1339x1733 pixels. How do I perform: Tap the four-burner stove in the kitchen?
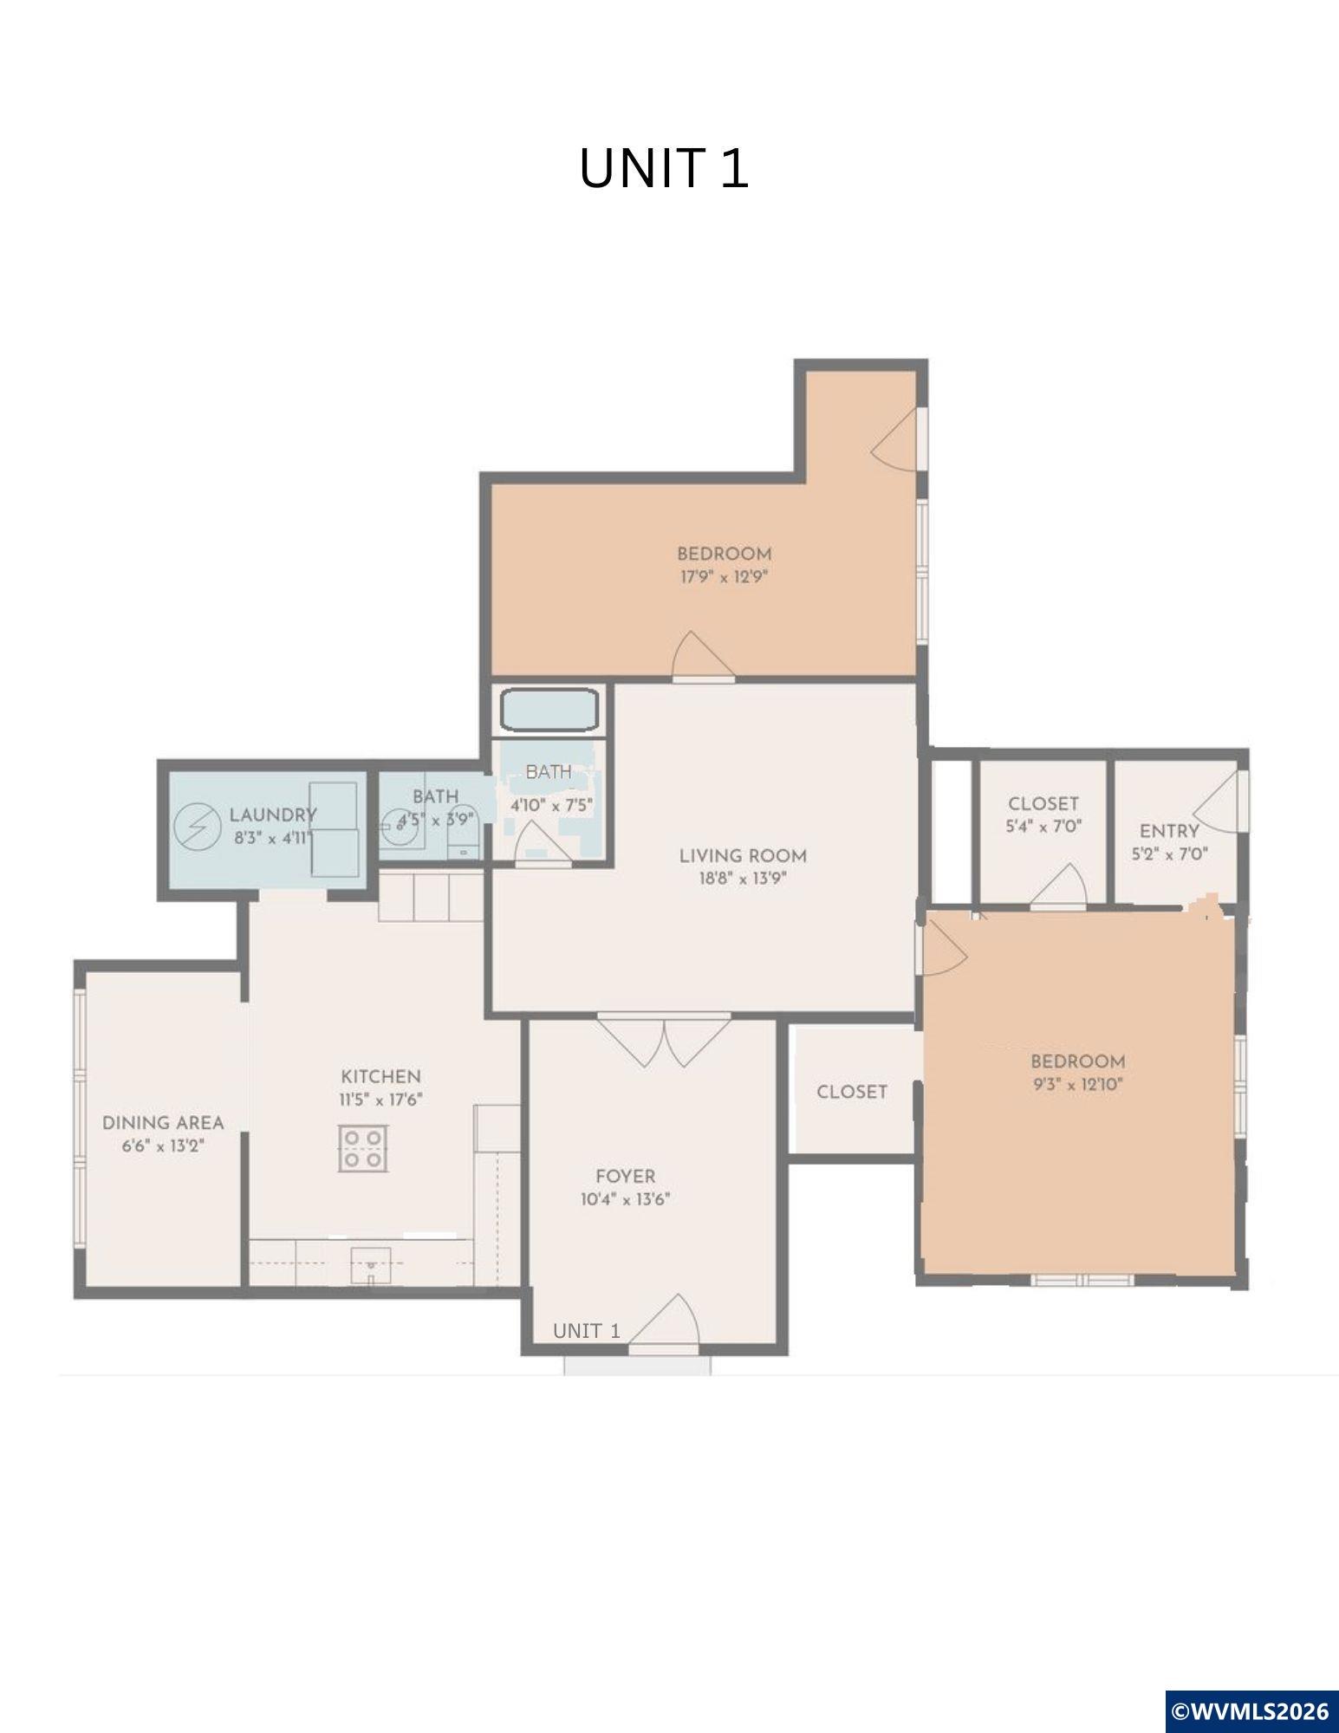tap(363, 1148)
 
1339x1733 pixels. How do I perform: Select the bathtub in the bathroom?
tap(549, 710)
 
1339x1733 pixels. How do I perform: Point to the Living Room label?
tap(743, 856)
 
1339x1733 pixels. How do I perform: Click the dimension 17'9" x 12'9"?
tap(725, 576)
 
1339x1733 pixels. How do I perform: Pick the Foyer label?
tap(626, 1176)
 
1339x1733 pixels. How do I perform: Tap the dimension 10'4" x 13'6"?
tap(626, 1199)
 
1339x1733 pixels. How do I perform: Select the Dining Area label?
tap(163, 1123)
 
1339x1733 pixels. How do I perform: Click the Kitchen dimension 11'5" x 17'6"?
tap(380, 1100)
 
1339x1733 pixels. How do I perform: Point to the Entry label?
tap(1169, 831)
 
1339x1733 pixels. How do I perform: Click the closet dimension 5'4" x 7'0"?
tap(1043, 827)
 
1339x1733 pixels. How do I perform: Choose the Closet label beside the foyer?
tap(852, 1092)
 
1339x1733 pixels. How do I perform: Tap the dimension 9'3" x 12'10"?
tap(1078, 1084)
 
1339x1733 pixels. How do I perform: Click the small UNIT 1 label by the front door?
tap(587, 1331)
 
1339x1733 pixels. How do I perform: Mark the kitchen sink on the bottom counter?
tap(371, 1266)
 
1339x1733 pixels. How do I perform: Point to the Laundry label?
tap(273, 815)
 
